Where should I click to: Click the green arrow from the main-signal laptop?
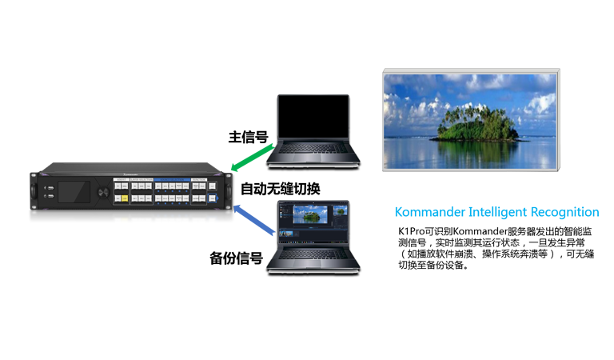[x=252, y=158]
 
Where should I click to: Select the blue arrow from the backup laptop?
[x=253, y=220]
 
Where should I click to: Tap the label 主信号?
[x=249, y=137]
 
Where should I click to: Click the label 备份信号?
[x=236, y=258]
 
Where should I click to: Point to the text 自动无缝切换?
[x=281, y=189]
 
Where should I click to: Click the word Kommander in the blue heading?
[x=429, y=212]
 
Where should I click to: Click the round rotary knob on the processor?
[x=103, y=192]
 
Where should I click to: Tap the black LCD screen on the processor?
[x=74, y=191]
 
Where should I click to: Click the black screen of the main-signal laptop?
[x=313, y=116]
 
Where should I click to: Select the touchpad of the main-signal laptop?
[x=313, y=157]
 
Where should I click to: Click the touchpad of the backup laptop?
[x=313, y=263]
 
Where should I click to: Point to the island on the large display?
[x=476, y=122]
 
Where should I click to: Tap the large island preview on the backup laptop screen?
[x=310, y=214]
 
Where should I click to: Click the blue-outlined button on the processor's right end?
[x=212, y=198]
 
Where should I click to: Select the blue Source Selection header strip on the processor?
[x=172, y=180]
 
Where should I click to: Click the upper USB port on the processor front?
[x=50, y=188]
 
